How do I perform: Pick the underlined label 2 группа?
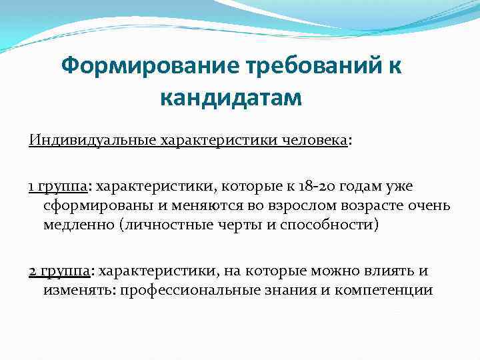coord(61,271)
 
